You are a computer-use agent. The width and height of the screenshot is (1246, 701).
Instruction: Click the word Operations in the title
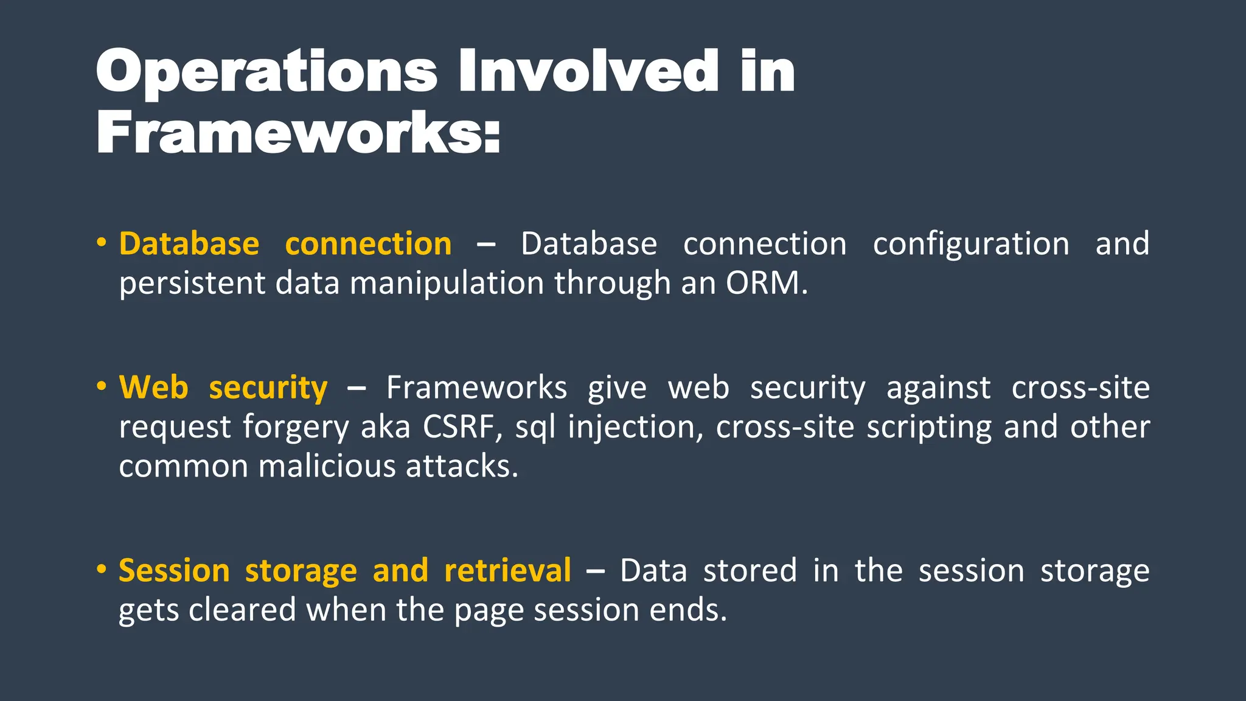(266, 72)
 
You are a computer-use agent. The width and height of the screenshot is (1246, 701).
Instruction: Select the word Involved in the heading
(589, 72)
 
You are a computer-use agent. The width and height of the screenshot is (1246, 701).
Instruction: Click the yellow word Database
(189, 244)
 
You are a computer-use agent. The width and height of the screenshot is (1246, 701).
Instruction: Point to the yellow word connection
(368, 244)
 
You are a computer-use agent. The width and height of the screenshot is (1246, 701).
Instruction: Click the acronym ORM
(766, 283)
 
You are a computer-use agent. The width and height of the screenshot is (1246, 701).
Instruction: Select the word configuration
(970, 244)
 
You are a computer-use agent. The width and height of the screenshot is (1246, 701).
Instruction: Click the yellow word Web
(153, 388)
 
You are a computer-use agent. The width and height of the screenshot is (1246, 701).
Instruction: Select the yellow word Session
(174, 571)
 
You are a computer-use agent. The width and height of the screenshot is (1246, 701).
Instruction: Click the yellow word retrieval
(507, 571)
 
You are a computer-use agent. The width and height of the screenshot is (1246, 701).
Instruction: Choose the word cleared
(242, 610)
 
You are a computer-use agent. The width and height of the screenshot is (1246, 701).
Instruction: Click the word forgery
(296, 428)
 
